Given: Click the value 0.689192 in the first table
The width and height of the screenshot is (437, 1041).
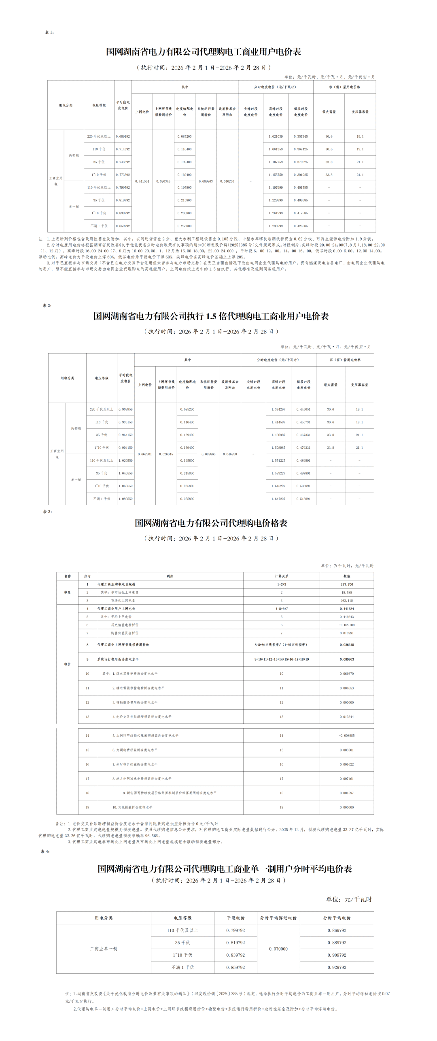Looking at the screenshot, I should coord(123,137).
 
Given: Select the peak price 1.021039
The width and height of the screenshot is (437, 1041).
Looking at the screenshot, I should coord(276,137).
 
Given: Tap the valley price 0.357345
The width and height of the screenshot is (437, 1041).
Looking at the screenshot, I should coord(301,137).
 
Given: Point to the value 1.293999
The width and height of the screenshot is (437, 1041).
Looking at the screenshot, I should coord(276,226).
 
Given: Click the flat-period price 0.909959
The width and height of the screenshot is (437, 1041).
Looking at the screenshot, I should coord(125,410).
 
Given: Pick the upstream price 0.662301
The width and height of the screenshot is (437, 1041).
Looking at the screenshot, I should coord(145,454).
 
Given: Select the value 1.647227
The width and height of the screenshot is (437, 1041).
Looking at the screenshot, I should coord(278,499).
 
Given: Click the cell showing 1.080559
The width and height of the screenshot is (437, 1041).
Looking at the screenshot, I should coord(125,499).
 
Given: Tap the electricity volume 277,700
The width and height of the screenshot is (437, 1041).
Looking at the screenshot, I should coord(347,584).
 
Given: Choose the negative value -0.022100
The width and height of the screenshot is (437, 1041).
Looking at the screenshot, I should coord(347,625).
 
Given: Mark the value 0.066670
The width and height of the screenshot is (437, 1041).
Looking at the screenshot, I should coord(347,674).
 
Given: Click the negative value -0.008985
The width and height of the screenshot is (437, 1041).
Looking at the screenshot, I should coord(347,736).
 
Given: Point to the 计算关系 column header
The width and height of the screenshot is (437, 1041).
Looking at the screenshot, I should coord(282,576).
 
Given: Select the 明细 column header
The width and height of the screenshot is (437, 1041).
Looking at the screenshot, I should coord(170,576).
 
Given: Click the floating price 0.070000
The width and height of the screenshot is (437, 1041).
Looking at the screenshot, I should coord(278,949).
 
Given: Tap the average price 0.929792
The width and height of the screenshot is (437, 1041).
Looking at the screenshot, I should coord(337,967).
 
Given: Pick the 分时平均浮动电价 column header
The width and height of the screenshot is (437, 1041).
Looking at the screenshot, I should coord(278,918).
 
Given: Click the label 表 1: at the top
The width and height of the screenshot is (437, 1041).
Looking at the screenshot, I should coord(49,32).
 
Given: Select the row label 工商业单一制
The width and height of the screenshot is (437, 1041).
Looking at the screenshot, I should coord(104,949).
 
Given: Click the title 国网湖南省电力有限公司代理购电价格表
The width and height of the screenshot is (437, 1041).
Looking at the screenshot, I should coord(211,523).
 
